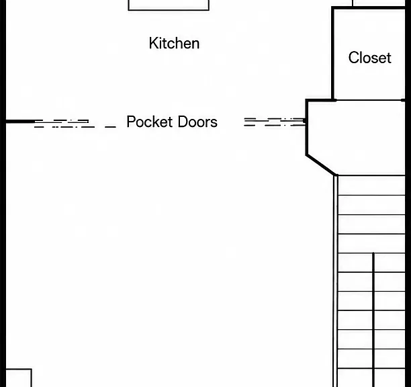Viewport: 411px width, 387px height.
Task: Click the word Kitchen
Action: [174, 43]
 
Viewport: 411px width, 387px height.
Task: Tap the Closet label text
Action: [369, 58]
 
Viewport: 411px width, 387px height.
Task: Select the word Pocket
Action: [150, 122]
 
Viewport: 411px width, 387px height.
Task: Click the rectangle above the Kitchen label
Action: [169, 5]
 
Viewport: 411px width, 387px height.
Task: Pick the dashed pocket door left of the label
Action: [75, 124]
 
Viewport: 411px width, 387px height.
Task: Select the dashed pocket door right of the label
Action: [275, 122]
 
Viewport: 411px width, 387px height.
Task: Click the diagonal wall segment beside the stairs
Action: [321, 165]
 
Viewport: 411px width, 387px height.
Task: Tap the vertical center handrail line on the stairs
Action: [373, 320]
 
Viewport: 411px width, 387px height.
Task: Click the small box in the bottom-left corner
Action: [19, 378]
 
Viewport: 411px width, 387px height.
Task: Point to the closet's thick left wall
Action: [333, 54]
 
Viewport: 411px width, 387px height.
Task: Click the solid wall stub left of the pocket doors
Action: [20, 122]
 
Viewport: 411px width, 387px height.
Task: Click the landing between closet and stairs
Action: [357, 138]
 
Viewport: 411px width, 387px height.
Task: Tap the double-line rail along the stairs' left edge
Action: [335, 281]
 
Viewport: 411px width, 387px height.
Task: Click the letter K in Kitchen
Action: [153, 43]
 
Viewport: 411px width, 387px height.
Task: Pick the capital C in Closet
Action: [354, 58]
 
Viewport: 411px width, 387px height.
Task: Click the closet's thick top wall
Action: [368, 8]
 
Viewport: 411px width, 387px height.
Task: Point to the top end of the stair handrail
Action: [373, 253]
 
